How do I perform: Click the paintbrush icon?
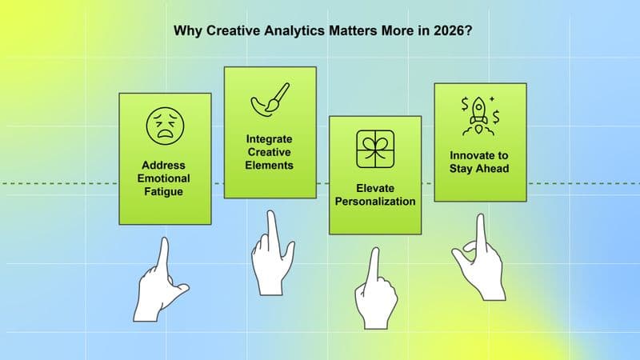pyautogui.click(x=269, y=103)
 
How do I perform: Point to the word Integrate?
pyautogui.click(x=269, y=138)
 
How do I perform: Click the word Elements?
pyautogui.click(x=269, y=166)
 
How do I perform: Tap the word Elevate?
pyautogui.click(x=375, y=189)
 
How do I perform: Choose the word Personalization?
pyautogui.click(x=375, y=202)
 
